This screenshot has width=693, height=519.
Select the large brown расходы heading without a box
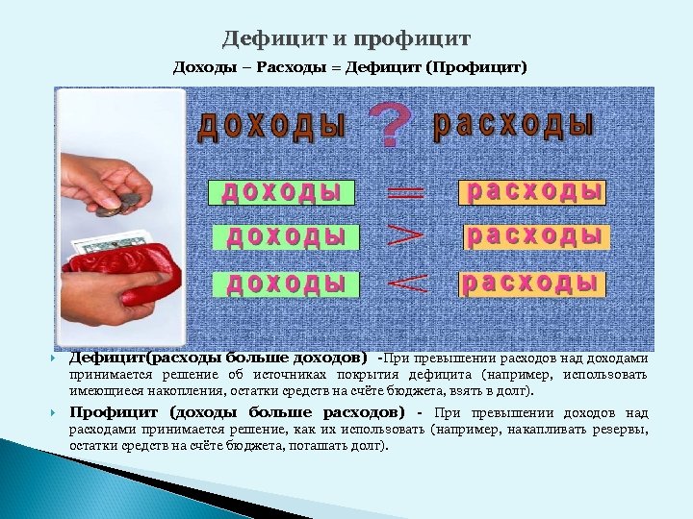point(514,126)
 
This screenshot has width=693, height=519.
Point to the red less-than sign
point(405,282)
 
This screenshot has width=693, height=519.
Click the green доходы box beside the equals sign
point(281,192)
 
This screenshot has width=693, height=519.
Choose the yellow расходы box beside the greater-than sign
point(536,235)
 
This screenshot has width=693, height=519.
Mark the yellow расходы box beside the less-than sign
point(531,283)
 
